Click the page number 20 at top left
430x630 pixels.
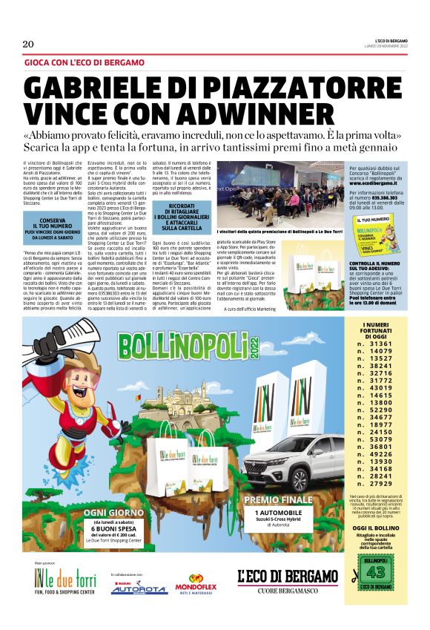click(28, 44)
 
